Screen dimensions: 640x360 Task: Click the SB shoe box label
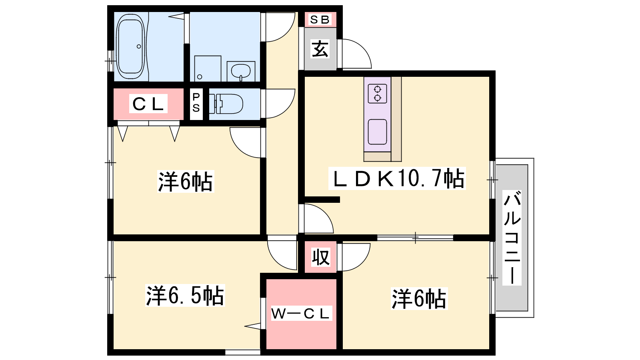pyautogui.click(x=320, y=20)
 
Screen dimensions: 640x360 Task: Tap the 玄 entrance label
pyautogui.click(x=320, y=49)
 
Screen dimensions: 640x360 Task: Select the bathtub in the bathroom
pyautogui.click(x=130, y=46)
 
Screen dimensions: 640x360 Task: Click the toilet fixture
pyautogui.click(x=226, y=104)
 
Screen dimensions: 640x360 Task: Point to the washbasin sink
pyautogui.click(x=241, y=71)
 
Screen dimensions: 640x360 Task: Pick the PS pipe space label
pyautogui.click(x=196, y=102)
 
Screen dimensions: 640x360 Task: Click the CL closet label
pyautogui.click(x=148, y=104)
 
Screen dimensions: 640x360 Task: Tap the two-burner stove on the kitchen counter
pyautogui.click(x=377, y=94)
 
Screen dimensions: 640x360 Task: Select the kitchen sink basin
pyautogui.click(x=378, y=132)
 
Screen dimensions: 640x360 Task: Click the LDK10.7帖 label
pyautogui.click(x=397, y=178)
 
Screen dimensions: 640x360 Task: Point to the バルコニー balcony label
pyautogui.click(x=512, y=238)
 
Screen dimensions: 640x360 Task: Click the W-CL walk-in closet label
pyautogui.click(x=301, y=314)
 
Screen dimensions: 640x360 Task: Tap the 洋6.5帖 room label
pyautogui.click(x=185, y=295)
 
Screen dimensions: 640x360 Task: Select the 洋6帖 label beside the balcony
pyautogui.click(x=419, y=299)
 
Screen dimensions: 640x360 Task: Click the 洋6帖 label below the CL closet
pyautogui.click(x=185, y=181)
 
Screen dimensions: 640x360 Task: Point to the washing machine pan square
pyautogui.click(x=208, y=68)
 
